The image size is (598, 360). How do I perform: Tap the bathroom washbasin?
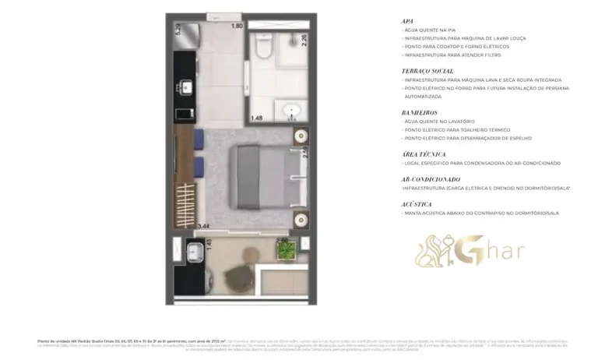pos(296,110)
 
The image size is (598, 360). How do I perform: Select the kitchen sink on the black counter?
pos(187,88)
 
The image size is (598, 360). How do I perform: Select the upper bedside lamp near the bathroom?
pos(299,138)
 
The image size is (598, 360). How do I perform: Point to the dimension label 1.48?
pos(256,118)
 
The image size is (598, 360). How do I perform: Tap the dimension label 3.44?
pos(204,226)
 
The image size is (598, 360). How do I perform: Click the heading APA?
pos(407,21)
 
